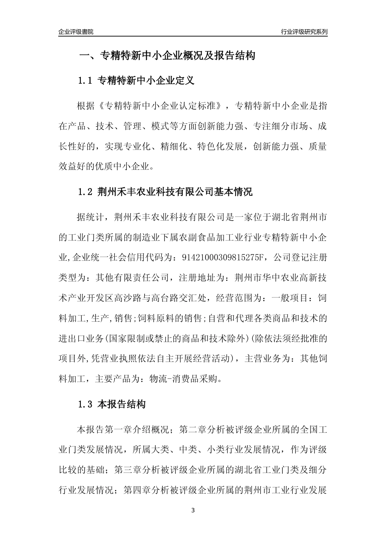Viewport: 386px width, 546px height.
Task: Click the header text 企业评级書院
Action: (76, 32)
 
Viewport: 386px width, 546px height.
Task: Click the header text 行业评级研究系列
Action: (304, 32)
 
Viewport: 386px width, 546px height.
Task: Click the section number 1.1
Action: (85, 81)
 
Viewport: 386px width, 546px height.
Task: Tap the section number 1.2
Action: (85, 192)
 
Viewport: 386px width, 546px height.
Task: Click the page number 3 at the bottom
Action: (193, 510)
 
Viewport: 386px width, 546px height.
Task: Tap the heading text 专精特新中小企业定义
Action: (146, 81)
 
